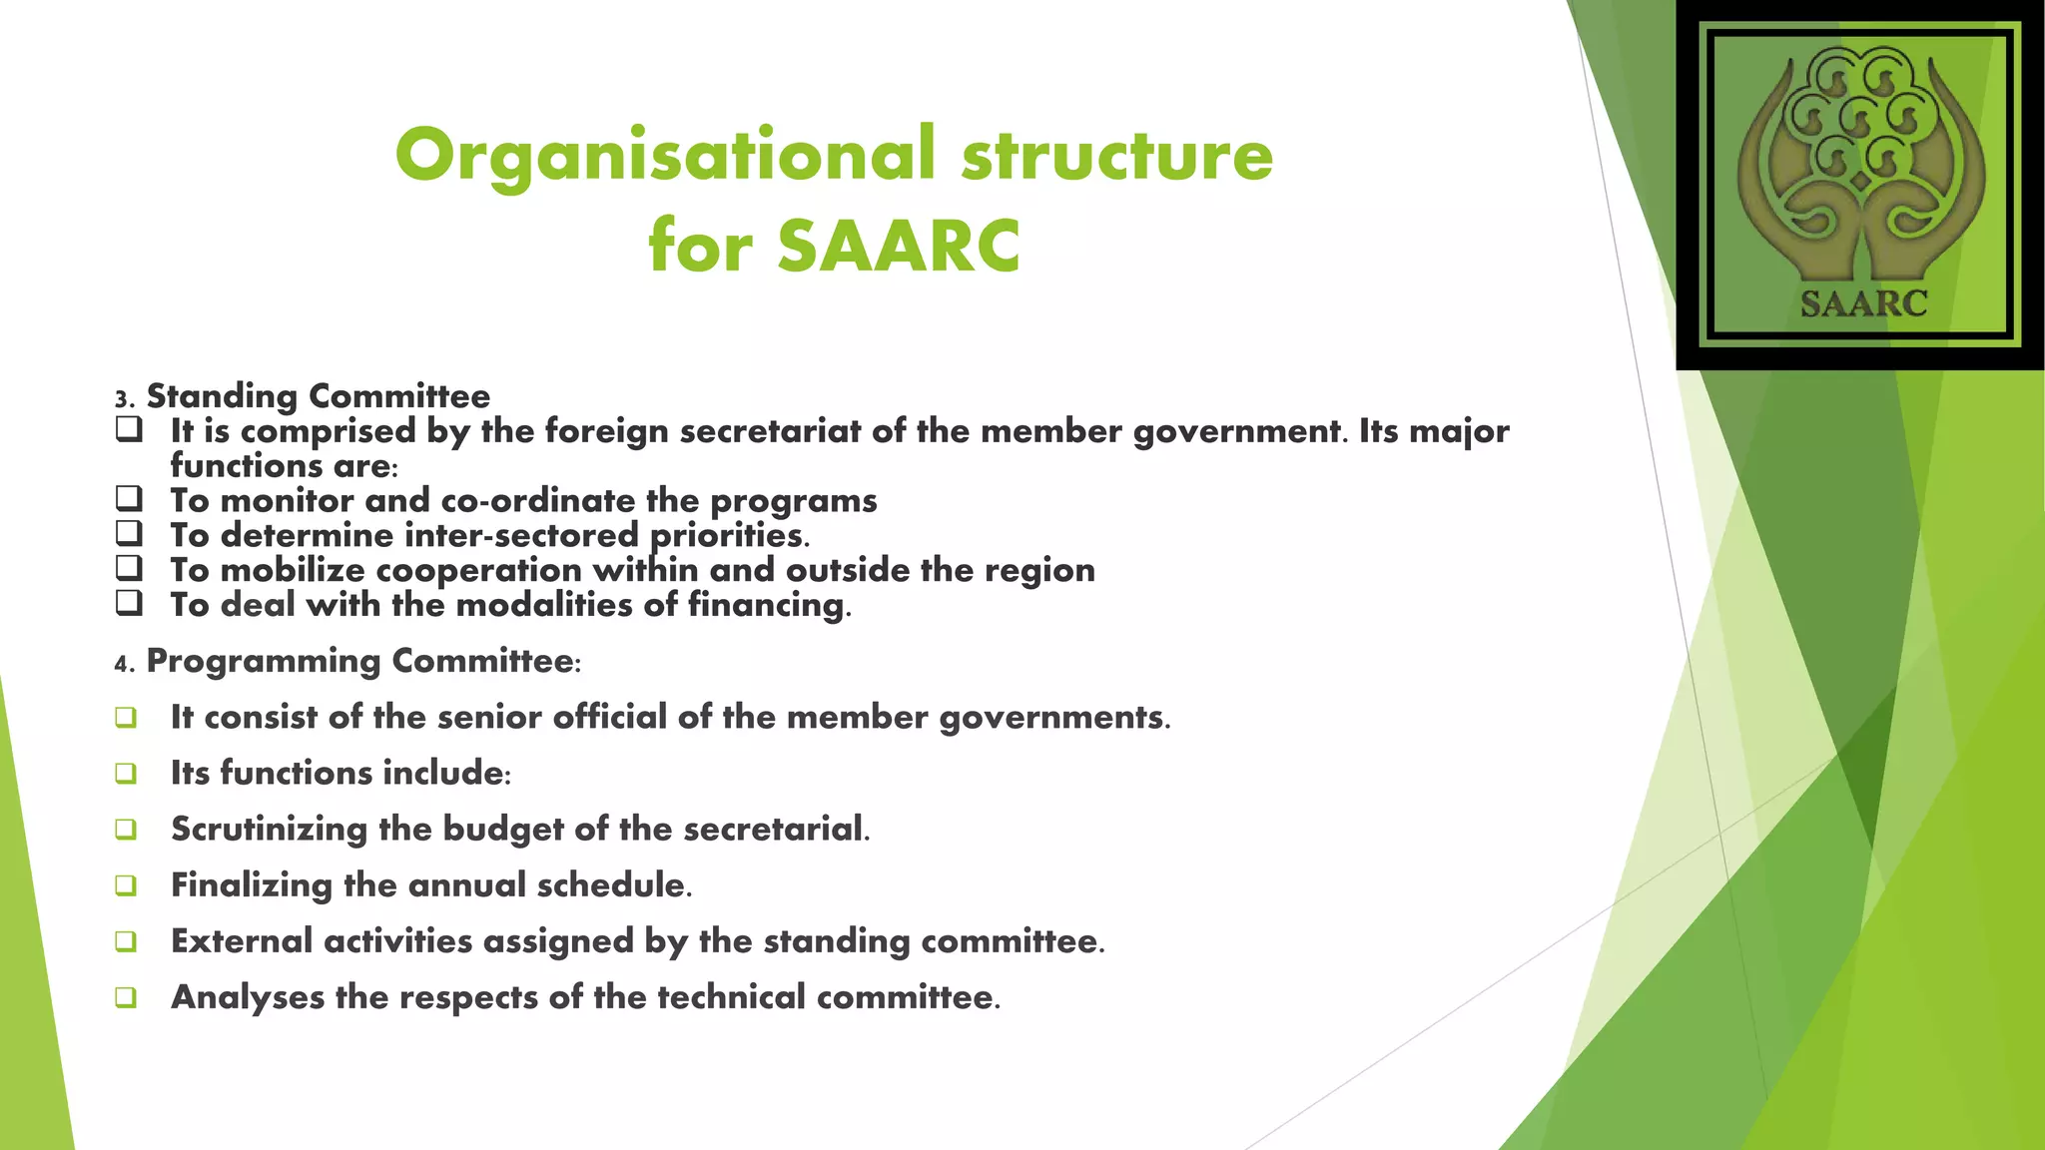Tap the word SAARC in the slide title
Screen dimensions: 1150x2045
(899, 247)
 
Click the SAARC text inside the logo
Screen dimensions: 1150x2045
(1863, 303)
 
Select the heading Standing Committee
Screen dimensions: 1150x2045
(319, 396)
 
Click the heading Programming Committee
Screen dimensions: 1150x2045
(361, 661)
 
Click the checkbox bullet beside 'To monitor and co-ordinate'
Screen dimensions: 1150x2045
(129, 498)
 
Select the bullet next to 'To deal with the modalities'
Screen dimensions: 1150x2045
(129, 603)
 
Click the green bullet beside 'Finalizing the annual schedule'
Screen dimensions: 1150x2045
(126, 885)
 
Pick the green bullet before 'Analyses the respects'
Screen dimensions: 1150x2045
(126, 997)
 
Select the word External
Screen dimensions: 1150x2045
(242, 941)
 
